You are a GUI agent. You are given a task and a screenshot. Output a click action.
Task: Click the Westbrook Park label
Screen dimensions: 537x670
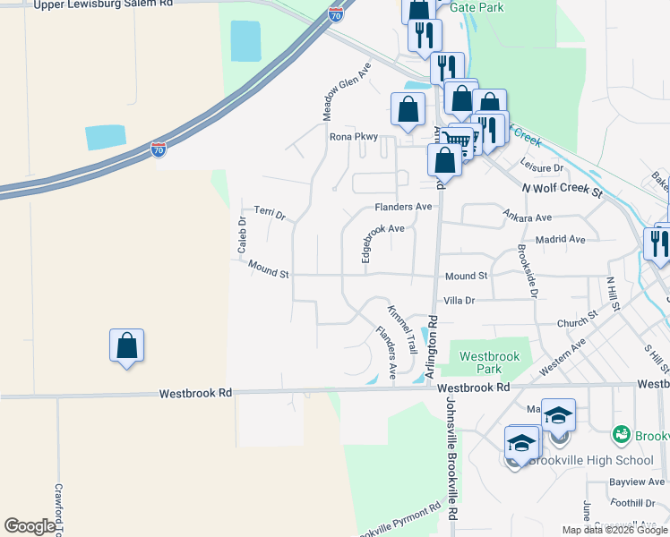click(x=489, y=362)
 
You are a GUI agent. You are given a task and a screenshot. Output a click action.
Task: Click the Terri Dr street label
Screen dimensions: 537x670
click(x=269, y=214)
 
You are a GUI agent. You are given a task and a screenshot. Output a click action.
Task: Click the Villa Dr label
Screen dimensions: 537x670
click(x=459, y=302)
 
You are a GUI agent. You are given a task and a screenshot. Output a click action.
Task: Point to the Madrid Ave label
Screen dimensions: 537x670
click(x=561, y=240)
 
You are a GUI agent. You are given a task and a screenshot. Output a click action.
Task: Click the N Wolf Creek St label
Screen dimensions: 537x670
click(x=563, y=191)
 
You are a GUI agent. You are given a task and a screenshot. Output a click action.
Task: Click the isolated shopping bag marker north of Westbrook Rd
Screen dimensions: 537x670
click(x=127, y=346)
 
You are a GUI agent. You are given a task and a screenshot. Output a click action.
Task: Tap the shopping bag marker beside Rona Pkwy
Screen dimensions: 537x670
click(x=408, y=110)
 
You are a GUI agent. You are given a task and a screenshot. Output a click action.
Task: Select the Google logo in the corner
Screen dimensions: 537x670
click(x=30, y=526)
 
